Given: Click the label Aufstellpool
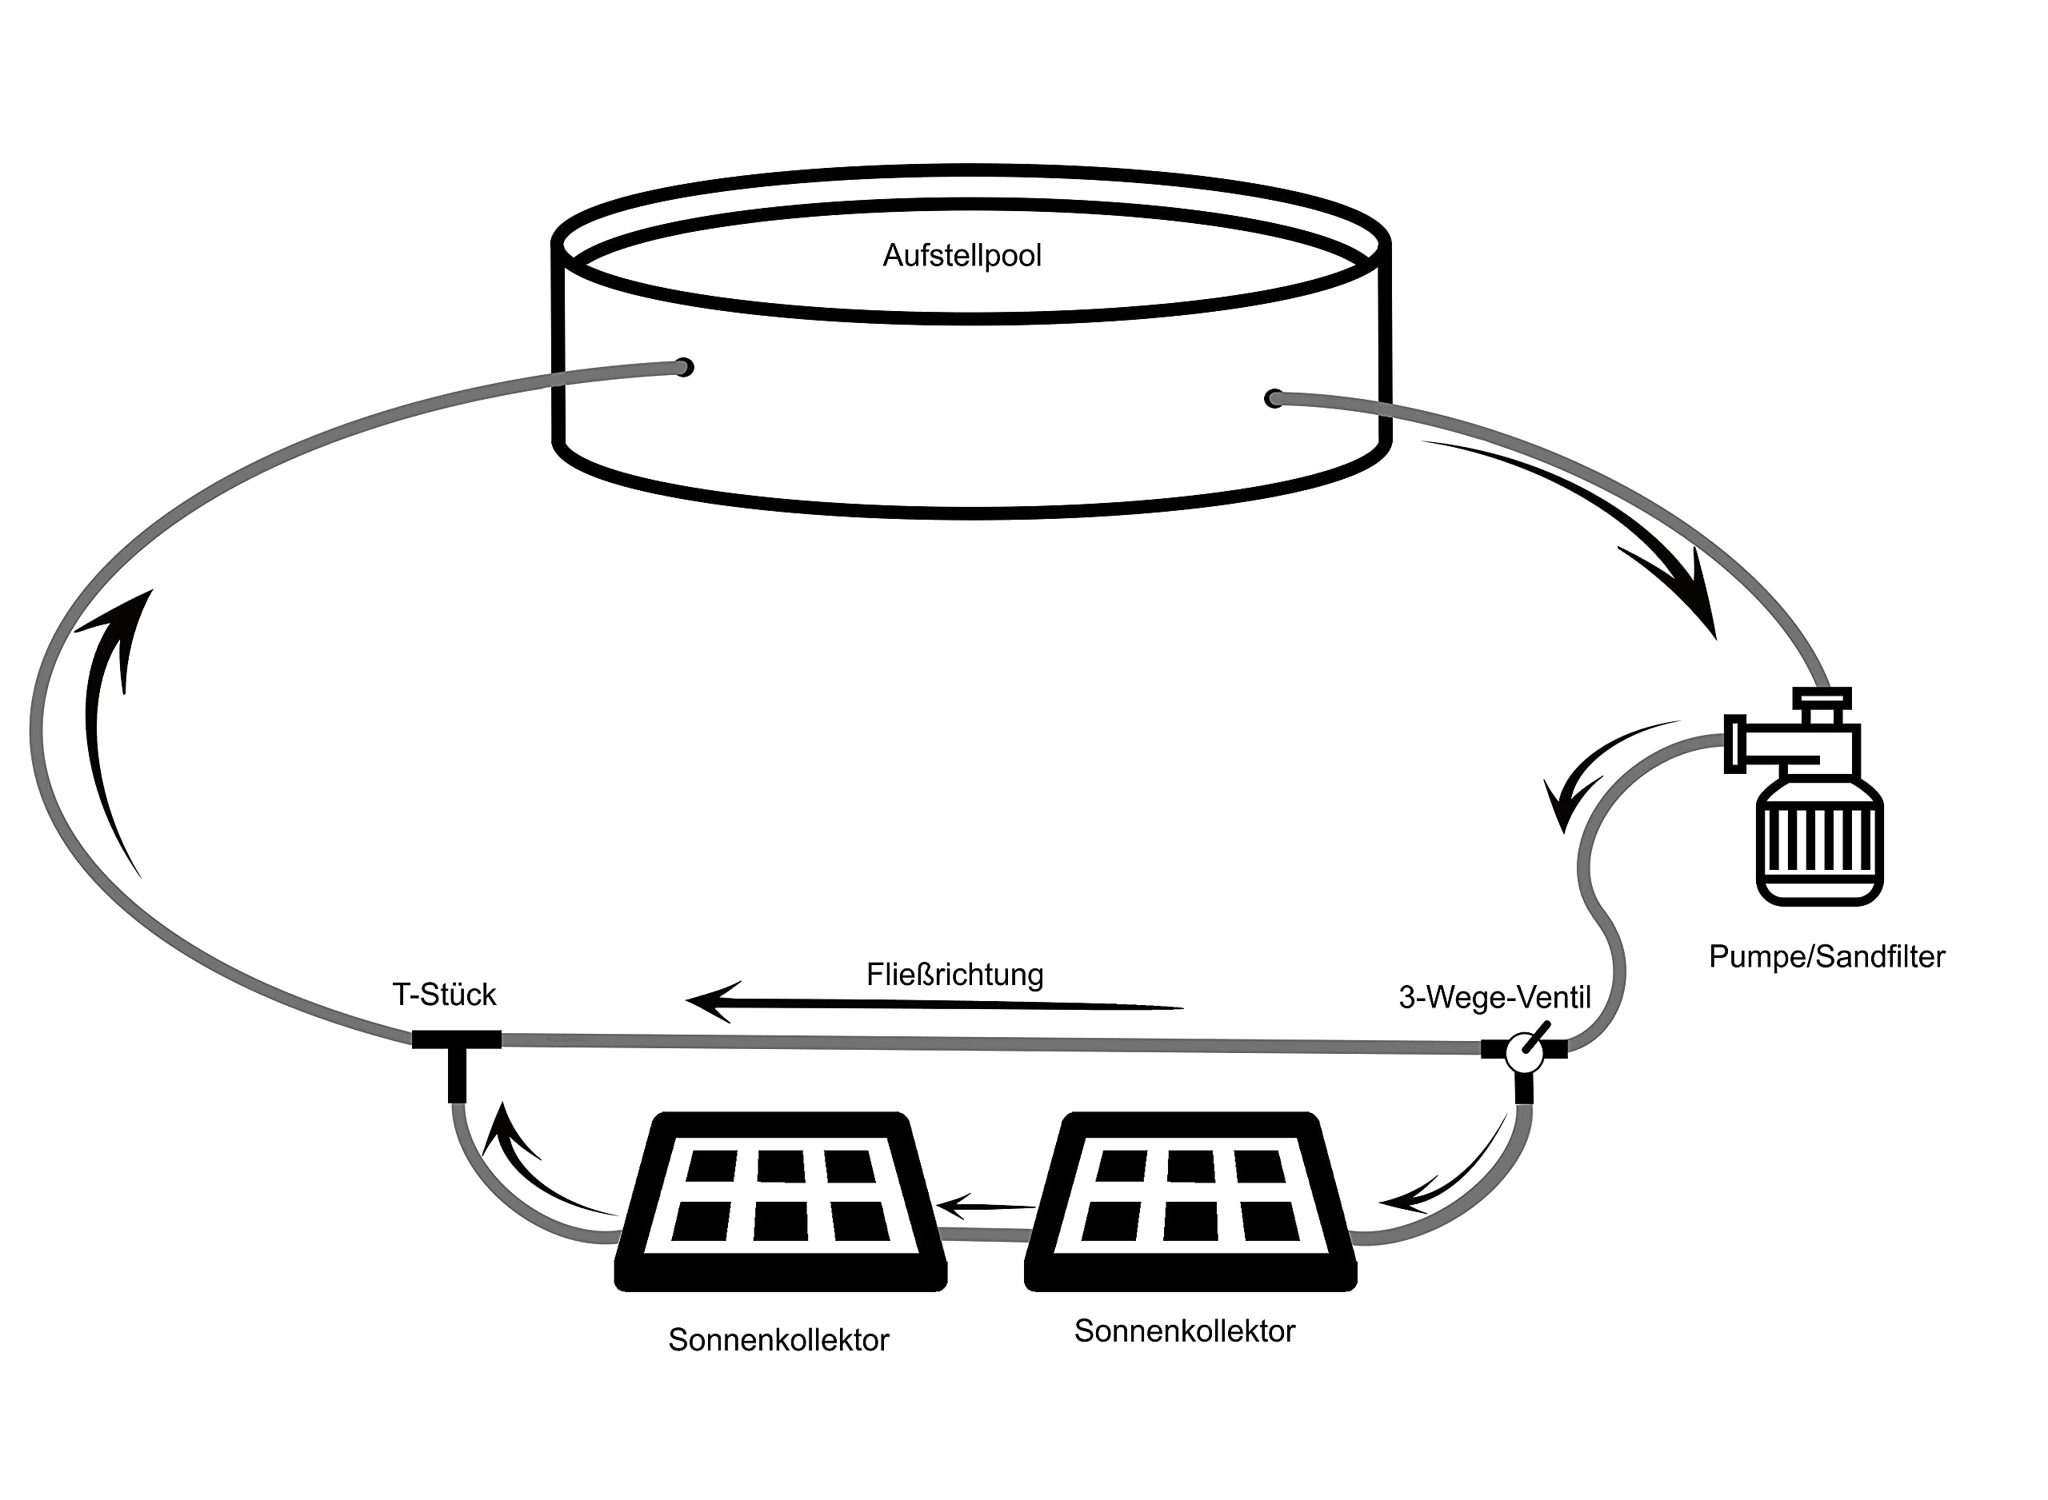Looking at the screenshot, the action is point(962,256).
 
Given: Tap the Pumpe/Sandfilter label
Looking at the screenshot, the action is point(1826,957).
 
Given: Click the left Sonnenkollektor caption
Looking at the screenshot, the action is point(778,1340).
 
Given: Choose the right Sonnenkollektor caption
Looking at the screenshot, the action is point(1184,1331).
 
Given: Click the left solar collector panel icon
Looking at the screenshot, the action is point(781,1201).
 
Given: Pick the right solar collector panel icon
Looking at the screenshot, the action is point(1190,1201).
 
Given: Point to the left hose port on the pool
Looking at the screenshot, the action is point(685,367).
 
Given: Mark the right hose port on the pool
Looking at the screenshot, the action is point(1274,397).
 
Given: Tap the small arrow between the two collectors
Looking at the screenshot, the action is point(986,1207).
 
